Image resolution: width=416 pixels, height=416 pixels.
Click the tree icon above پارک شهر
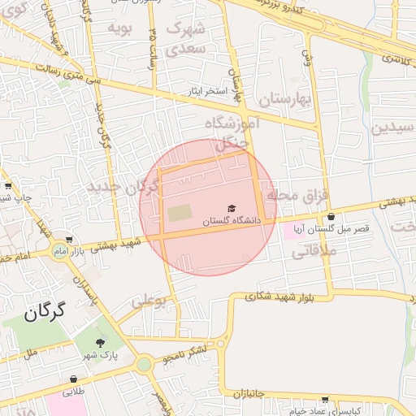coord(101,344)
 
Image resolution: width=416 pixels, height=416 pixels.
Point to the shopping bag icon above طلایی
coord(74,379)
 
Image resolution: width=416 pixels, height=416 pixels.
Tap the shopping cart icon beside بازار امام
coord(70,240)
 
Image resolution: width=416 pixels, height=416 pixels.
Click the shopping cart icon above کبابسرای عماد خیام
coord(326,400)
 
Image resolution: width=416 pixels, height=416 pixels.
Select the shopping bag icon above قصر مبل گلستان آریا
coord(331,217)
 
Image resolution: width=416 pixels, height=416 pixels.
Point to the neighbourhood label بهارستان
coord(285,100)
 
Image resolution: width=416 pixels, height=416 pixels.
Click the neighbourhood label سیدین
coord(393,128)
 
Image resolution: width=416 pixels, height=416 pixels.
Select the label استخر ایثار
coord(204,90)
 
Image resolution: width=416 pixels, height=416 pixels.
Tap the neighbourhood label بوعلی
coord(149,301)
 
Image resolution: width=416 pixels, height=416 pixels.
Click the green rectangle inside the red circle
coord(180,214)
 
